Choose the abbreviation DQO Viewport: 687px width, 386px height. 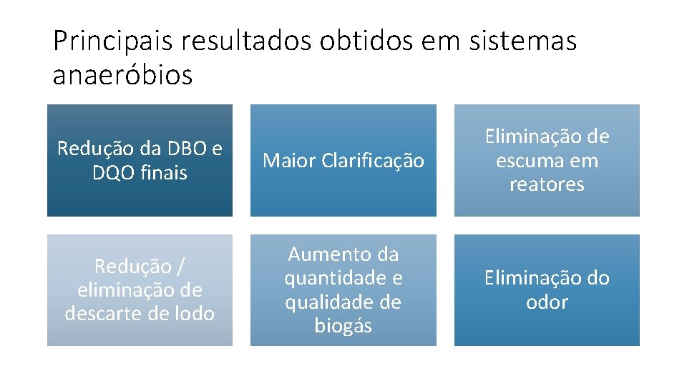tap(113, 172)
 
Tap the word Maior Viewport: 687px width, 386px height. tap(288, 161)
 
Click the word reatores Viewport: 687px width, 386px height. tap(547, 184)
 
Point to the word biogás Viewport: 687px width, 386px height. tap(343, 326)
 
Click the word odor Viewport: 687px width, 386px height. tap(547, 302)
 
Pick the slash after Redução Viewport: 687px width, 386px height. tap(181, 267)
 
